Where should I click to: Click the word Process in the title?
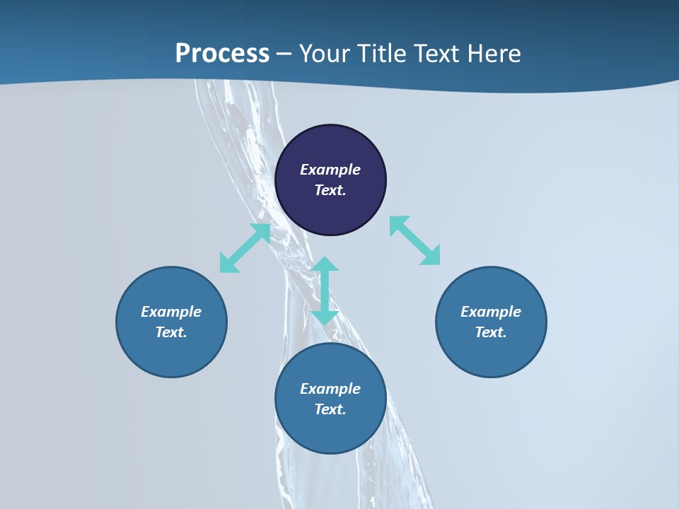pyautogui.click(x=222, y=54)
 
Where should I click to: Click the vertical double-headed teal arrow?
pyautogui.click(x=325, y=291)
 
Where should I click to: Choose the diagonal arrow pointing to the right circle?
pyautogui.click(x=415, y=240)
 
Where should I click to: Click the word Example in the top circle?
pyautogui.click(x=330, y=170)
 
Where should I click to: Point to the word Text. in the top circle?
pyautogui.click(x=330, y=190)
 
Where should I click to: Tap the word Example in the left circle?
pyautogui.click(x=171, y=312)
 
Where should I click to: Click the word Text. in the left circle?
pyautogui.click(x=171, y=332)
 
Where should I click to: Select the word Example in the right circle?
pyautogui.click(x=491, y=312)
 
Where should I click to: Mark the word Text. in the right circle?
pyautogui.click(x=491, y=332)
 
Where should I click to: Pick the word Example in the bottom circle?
pyautogui.click(x=330, y=389)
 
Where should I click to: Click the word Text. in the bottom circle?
pyautogui.click(x=330, y=409)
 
